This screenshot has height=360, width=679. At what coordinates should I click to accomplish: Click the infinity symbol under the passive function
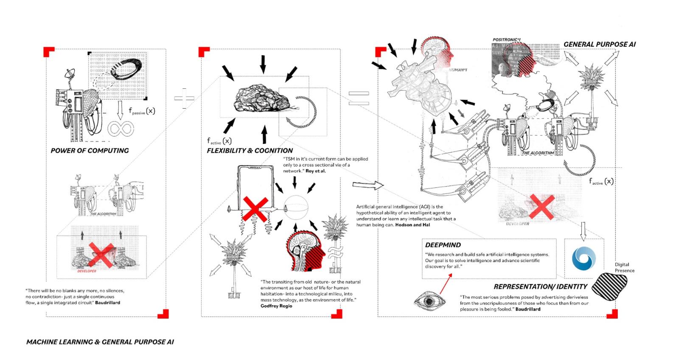click(121, 129)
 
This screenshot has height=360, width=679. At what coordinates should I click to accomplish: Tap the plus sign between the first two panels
click(184, 99)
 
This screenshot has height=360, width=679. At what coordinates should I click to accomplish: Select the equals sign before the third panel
click(359, 98)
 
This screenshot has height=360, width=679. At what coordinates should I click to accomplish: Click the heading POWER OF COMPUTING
click(90, 151)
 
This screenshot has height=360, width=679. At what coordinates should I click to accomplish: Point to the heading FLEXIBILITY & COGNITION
click(250, 151)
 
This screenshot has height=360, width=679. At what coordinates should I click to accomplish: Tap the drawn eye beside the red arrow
click(429, 301)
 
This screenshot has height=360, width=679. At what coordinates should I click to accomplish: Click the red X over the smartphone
click(255, 209)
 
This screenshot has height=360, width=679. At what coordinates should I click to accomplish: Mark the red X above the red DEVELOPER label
click(101, 255)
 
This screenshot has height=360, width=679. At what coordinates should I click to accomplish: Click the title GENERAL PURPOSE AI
click(599, 44)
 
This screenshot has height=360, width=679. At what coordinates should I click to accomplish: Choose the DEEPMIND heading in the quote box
click(443, 245)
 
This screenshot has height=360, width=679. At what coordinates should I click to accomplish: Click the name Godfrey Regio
click(276, 306)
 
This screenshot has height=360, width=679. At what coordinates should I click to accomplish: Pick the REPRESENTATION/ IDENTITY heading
click(540, 287)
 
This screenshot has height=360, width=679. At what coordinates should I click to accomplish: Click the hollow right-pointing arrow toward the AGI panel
click(368, 185)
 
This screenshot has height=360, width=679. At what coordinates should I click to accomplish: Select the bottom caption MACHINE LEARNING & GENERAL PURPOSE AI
click(100, 342)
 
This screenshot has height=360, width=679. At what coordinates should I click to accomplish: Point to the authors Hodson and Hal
click(412, 225)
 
